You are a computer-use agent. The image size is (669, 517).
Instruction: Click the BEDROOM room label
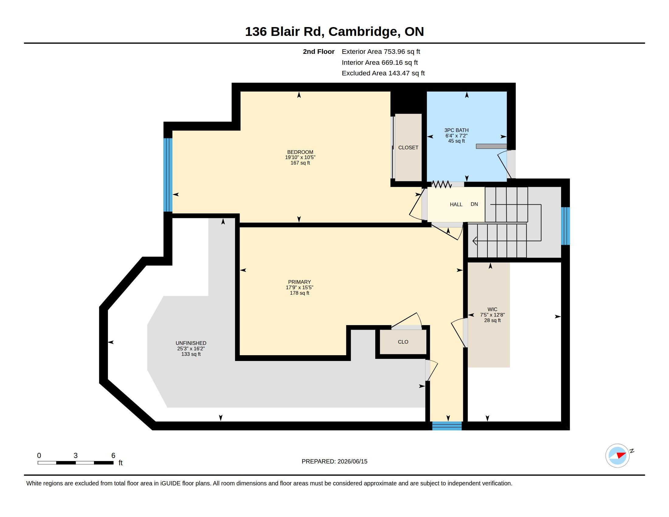coord(300,152)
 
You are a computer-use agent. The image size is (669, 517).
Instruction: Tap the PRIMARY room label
coord(299,282)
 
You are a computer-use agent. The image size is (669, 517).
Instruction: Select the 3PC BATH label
coord(456,130)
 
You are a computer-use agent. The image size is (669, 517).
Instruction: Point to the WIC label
coord(492,309)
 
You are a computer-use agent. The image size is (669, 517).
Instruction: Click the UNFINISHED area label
coord(191,343)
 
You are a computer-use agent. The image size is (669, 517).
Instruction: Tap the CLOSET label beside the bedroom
coord(408,147)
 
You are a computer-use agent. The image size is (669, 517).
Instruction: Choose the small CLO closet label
coord(403,342)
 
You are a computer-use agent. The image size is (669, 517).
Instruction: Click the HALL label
coord(456,204)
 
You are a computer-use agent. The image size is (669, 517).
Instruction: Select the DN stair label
coord(474,204)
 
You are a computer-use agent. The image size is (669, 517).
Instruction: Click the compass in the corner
coord(617,456)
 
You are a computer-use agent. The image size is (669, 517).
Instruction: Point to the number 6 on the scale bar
coord(113,456)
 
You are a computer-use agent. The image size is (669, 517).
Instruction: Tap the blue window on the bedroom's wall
coord(168,175)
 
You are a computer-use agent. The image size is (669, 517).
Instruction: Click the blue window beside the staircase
coord(566,226)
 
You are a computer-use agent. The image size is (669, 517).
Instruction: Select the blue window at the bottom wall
coord(447,426)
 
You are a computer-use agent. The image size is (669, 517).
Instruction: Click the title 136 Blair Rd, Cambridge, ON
coord(334,32)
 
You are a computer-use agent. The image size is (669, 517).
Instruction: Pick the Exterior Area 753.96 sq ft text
coord(381,52)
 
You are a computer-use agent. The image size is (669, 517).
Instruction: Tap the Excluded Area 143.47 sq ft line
coord(383,73)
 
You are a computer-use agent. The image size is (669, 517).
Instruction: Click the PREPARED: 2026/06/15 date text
coord(334,461)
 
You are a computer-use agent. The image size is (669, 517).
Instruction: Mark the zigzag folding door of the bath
coord(442,184)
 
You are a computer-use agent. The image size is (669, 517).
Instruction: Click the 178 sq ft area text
coord(299,293)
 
